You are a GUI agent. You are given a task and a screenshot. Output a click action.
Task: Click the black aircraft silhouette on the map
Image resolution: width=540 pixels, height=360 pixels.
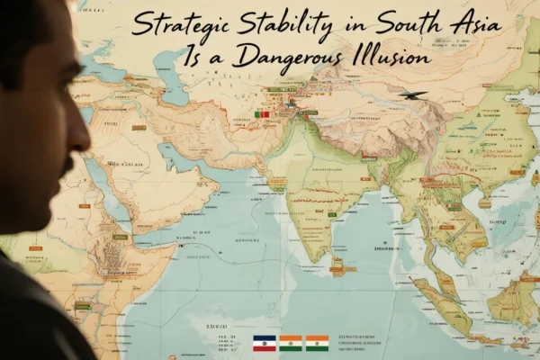(x=413, y=95)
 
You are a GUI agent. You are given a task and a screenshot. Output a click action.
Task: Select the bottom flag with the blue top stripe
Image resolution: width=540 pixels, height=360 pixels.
(x=263, y=344)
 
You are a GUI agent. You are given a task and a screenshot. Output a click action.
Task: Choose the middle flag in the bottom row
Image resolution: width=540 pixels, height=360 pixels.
(x=290, y=344)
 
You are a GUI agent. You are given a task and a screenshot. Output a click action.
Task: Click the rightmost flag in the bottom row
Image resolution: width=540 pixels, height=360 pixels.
(x=317, y=344)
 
